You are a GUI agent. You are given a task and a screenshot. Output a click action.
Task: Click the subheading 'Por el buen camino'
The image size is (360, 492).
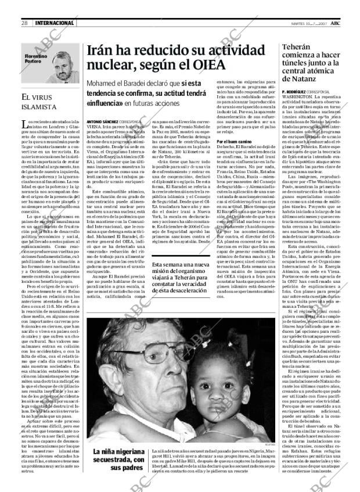click(234, 141)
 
